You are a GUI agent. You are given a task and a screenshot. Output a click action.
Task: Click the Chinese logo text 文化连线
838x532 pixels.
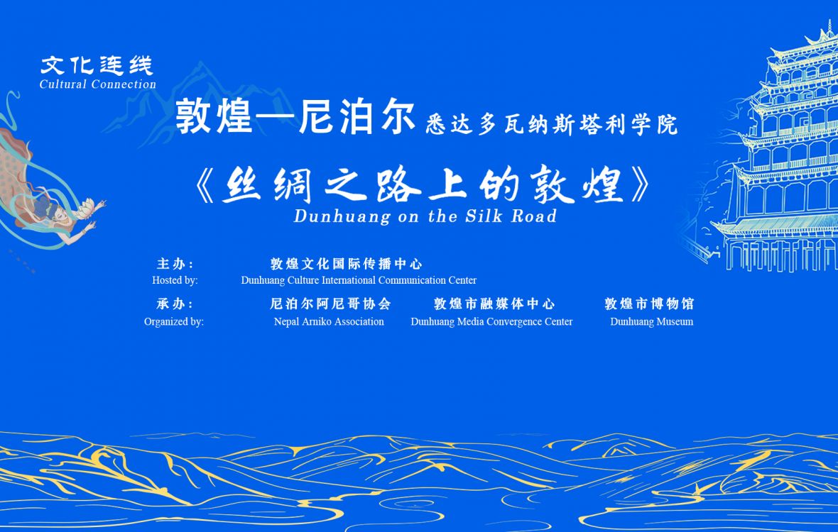tap(97, 66)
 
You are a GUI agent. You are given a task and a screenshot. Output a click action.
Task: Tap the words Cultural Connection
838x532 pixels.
tap(98, 84)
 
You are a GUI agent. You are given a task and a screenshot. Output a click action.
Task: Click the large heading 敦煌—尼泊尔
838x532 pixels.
tap(295, 117)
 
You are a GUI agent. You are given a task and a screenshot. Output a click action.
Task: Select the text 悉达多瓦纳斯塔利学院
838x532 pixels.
tap(552, 125)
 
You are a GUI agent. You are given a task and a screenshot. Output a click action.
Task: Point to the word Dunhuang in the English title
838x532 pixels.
tap(342, 216)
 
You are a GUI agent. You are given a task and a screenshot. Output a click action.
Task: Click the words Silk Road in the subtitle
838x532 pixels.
tap(511, 216)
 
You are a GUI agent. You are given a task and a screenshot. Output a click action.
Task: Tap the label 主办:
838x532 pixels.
tap(175, 264)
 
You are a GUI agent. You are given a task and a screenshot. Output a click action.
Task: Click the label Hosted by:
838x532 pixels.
tap(175, 280)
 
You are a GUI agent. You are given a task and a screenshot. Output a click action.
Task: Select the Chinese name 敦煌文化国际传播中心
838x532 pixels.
tap(347, 264)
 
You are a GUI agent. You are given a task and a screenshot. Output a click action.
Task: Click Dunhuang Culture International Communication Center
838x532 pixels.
tap(359, 280)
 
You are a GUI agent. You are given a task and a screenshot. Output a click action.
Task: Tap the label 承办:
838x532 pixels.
tap(175, 304)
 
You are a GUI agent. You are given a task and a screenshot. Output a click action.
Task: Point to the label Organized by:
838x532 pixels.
tap(174, 322)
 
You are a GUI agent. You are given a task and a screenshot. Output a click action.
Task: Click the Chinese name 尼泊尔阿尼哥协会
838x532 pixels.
tap(330, 304)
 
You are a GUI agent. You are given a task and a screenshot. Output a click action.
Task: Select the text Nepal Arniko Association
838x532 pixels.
tap(329, 321)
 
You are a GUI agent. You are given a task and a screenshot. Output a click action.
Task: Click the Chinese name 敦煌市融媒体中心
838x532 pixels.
tap(494, 304)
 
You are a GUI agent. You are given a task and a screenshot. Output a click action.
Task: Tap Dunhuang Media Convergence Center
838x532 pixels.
tap(491, 322)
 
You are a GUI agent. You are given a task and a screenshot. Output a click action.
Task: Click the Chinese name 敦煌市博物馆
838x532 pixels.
tap(649, 304)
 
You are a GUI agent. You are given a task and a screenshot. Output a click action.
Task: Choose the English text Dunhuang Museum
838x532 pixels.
tap(652, 321)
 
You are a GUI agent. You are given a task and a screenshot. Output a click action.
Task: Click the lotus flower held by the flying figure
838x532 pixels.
tap(85, 208)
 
